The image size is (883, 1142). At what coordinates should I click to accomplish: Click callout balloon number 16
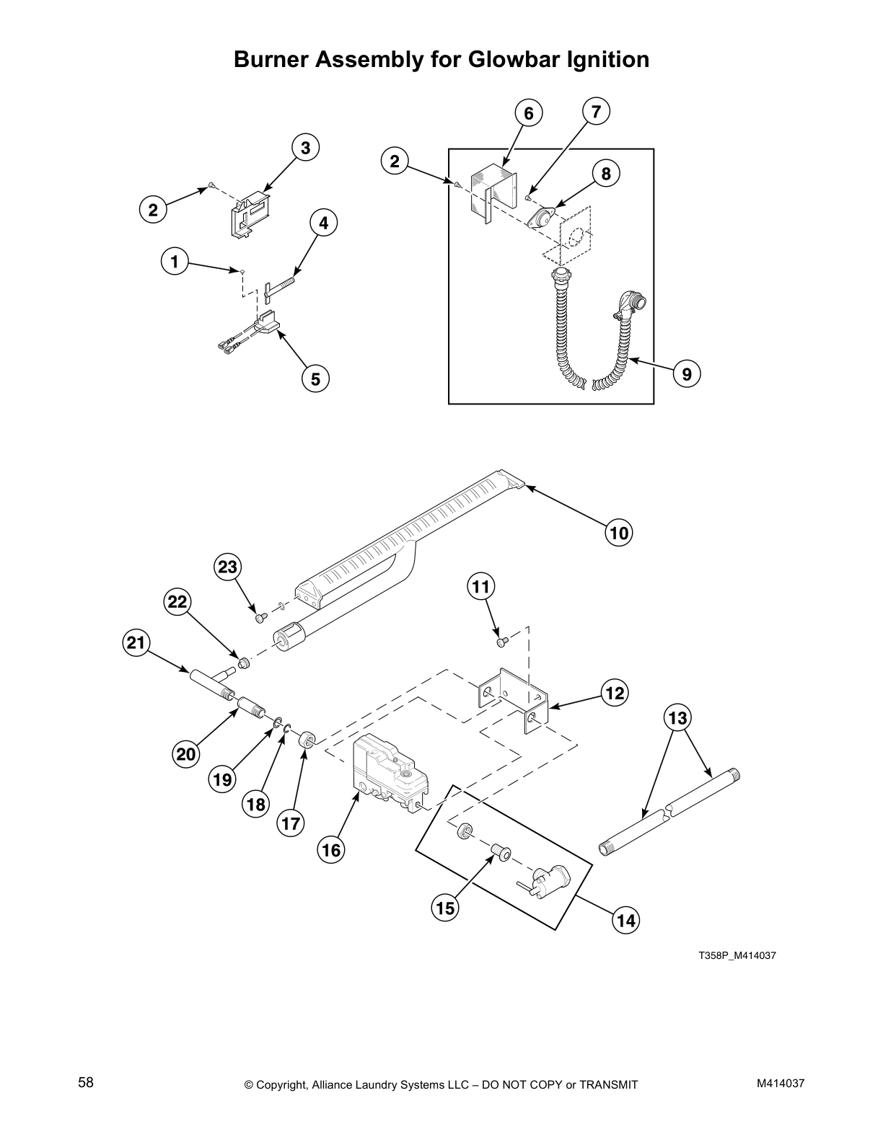[330, 850]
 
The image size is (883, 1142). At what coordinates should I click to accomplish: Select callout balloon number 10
[619, 533]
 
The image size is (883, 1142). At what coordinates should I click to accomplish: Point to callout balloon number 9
[686, 373]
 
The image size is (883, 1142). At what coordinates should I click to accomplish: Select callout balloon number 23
[227, 567]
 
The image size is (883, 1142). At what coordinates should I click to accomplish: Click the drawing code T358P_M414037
[737, 956]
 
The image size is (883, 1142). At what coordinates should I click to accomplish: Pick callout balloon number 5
[315, 377]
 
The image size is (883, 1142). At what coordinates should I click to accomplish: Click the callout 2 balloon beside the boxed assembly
[395, 161]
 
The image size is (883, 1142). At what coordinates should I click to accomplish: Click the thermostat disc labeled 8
[542, 218]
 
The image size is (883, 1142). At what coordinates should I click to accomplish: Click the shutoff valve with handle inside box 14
[546, 879]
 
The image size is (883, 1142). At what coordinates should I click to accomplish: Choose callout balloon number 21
[136, 642]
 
